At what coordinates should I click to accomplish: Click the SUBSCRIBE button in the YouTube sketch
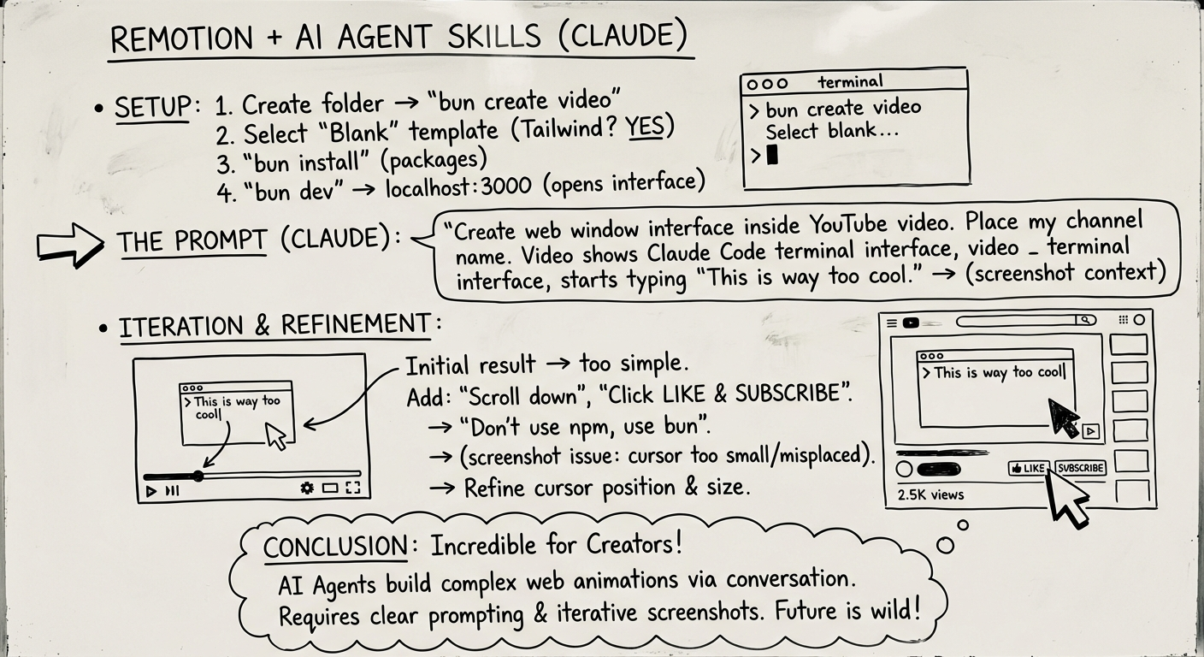1081,468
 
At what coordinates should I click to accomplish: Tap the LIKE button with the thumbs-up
1028,468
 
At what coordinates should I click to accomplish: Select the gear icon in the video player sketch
307,488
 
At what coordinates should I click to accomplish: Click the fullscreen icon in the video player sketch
352,488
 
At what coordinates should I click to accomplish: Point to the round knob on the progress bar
198,476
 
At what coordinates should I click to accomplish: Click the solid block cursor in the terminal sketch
772,155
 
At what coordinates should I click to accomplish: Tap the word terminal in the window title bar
850,82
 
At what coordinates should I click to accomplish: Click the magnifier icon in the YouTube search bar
1084,320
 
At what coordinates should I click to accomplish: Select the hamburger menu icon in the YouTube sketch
893,323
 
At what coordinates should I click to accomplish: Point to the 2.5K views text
930,494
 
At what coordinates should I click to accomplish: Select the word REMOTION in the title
182,39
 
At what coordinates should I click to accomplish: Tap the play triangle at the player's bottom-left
151,491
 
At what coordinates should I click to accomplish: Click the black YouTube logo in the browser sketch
911,323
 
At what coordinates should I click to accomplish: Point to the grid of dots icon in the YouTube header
1123,320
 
